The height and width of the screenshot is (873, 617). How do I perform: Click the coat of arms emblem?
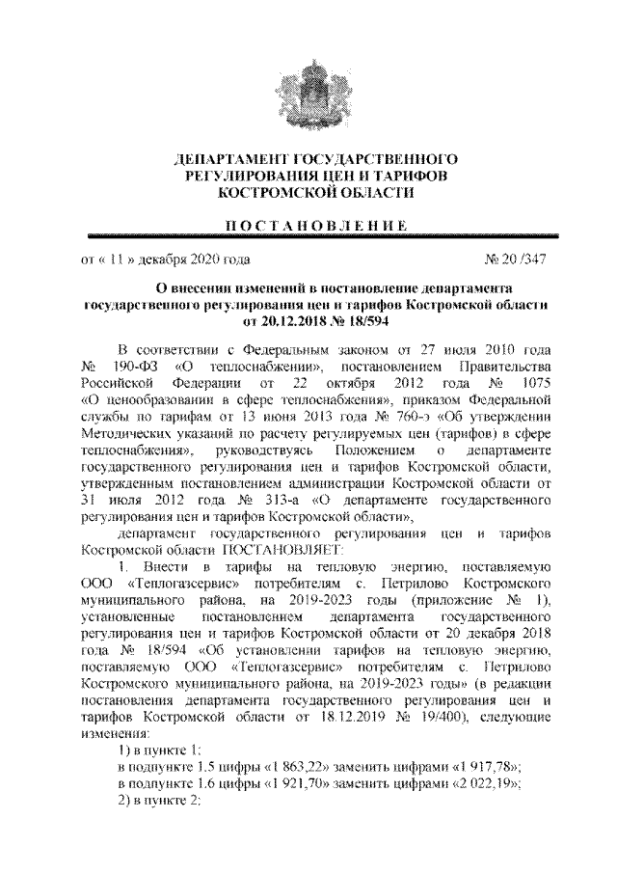308,90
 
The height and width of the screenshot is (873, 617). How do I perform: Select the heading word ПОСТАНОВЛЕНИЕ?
308,225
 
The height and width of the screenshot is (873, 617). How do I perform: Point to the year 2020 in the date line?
202,259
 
